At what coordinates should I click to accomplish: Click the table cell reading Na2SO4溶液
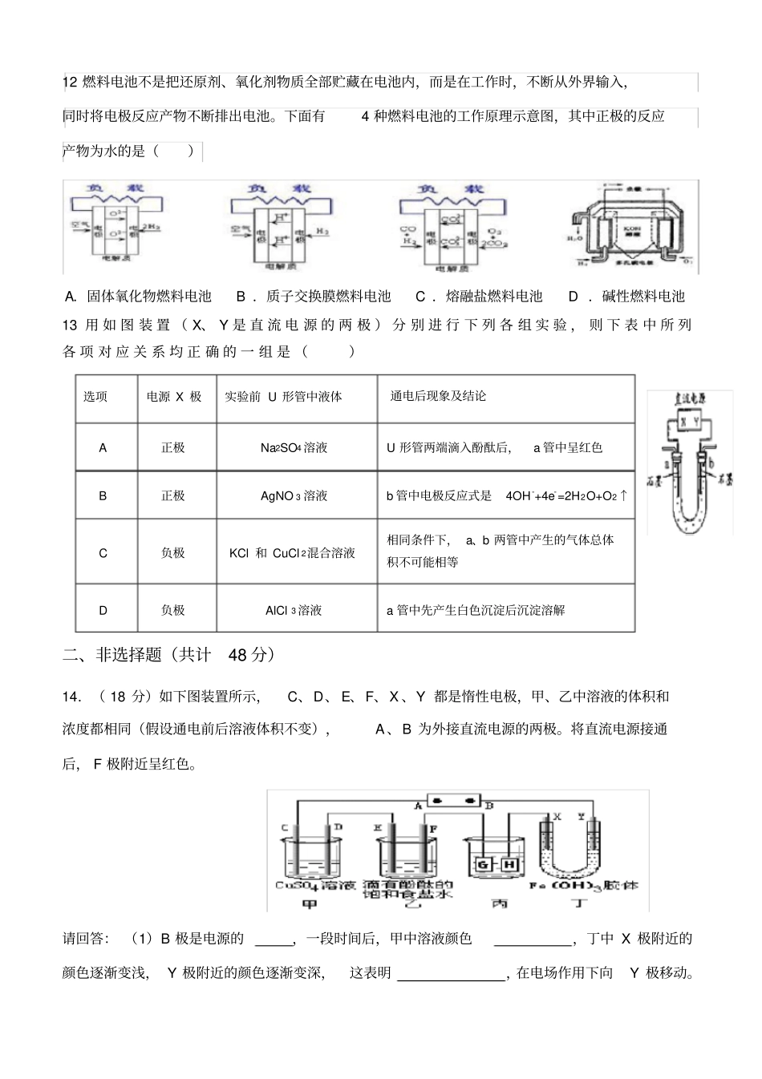[294, 447]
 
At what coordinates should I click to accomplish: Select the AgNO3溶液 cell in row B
[294, 495]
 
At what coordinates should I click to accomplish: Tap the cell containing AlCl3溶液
[294, 610]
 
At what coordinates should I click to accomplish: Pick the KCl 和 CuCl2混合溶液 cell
[292, 552]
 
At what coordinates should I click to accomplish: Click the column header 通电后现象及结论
[438, 396]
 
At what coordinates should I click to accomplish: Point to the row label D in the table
[103, 610]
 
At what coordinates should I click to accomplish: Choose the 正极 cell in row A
[173, 447]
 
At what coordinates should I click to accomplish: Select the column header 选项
[95, 396]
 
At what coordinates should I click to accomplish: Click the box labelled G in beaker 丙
[482, 864]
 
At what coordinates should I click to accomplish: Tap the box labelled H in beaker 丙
[509, 864]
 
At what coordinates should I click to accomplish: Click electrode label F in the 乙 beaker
[434, 827]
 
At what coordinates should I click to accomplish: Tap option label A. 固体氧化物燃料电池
[137, 297]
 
